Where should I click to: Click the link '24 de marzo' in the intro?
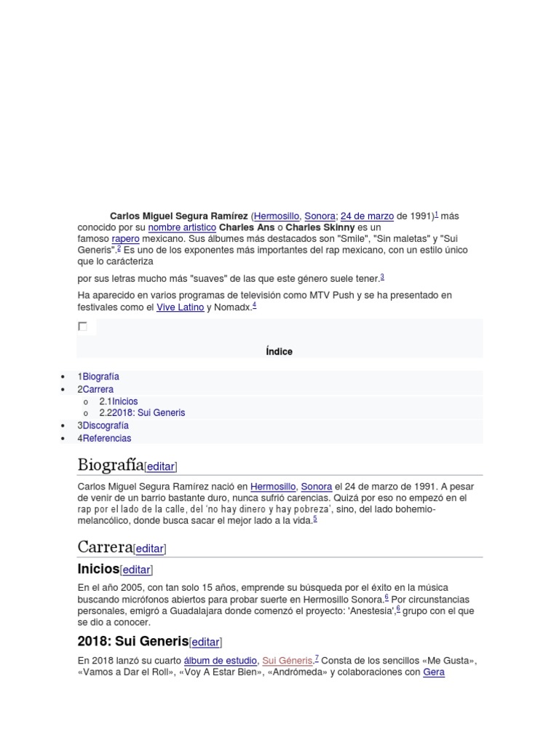(367, 216)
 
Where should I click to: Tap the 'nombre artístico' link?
(182, 227)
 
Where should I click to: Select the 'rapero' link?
(125, 239)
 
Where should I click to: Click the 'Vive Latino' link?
(180, 307)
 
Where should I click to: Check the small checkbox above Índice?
(82, 326)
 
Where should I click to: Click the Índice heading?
(279, 351)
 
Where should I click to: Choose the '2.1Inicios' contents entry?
(119, 401)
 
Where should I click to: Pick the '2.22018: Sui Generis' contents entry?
(142, 412)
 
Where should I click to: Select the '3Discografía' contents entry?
(103, 425)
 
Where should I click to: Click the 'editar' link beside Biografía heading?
(161, 466)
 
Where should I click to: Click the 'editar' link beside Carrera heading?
(149, 549)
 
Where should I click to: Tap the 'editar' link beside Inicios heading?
(136, 570)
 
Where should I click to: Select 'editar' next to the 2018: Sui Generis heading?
(205, 642)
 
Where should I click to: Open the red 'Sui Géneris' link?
(287, 661)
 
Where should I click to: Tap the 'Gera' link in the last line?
(434, 672)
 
